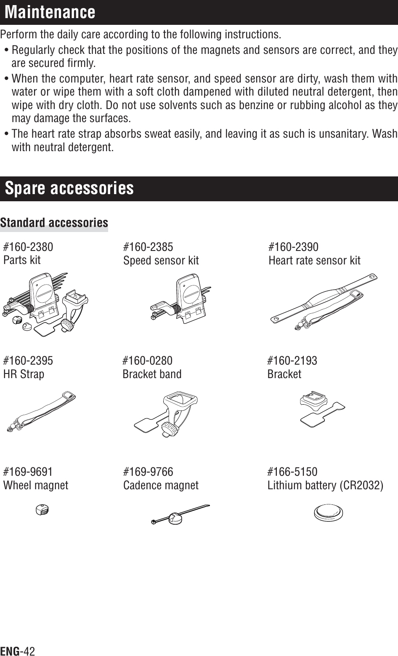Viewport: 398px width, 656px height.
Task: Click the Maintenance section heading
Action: pyautogui.click(x=50, y=12)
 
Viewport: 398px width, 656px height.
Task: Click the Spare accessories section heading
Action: pyautogui.click(x=69, y=188)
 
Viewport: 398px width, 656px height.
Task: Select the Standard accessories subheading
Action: pyautogui.click(x=54, y=222)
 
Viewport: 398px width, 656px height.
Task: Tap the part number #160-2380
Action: pyautogui.click(x=28, y=246)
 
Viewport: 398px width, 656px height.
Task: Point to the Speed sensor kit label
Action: pyautogui.click(x=161, y=260)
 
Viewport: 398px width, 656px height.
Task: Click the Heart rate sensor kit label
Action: pyautogui.click(x=314, y=260)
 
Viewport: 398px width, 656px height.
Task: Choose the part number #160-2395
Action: pyautogui.click(x=28, y=361)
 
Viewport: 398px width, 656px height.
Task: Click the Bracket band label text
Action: pyautogui.click(x=152, y=374)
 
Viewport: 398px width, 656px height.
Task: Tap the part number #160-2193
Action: pyautogui.click(x=292, y=361)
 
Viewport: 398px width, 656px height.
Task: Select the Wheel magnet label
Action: pyautogui.click(x=36, y=485)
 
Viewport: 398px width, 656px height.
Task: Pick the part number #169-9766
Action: pyautogui.click(x=148, y=472)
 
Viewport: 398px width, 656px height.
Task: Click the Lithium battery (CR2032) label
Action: pyautogui.click(x=326, y=485)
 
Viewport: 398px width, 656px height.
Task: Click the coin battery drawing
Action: pyautogui.click(x=328, y=513)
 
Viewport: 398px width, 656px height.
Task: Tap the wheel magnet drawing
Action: pyautogui.click(x=42, y=509)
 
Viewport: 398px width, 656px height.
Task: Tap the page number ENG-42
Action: pyautogui.click(x=18, y=651)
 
